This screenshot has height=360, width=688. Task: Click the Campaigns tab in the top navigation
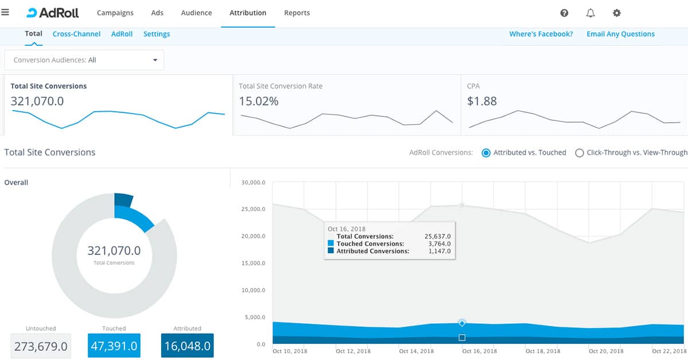coord(115,13)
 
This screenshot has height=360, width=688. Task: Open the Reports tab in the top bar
coord(297,13)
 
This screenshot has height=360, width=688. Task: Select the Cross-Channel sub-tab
coord(76,34)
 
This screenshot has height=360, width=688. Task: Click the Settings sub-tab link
coord(157,34)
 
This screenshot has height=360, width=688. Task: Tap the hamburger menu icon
coord(6,12)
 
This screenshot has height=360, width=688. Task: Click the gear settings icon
coord(617,13)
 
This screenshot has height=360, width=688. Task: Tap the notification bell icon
coord(591,13)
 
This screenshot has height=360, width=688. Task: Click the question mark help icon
coord(564,13)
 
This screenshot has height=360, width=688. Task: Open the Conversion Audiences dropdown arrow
coord(155,60)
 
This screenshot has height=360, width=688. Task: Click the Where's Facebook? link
coord(541,34)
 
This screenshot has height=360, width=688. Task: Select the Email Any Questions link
coord(620,34)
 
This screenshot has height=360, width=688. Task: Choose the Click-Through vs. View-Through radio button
coord(580,153)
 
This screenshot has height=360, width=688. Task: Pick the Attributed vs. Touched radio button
coord(486,153)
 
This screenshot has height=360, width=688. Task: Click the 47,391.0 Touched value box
coord(114,346)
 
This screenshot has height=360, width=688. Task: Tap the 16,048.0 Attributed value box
coord(187,346)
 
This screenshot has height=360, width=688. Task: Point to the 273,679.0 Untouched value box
coord(41,346)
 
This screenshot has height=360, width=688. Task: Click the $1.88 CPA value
coord(482,101)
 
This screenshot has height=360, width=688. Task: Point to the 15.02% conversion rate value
coord(259,101)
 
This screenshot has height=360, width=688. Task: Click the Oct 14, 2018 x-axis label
coord(416,351)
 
